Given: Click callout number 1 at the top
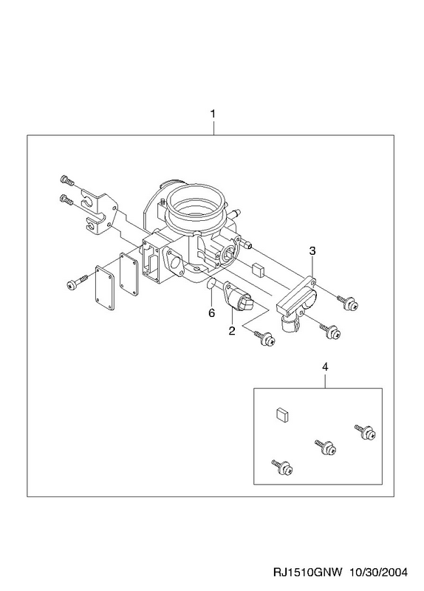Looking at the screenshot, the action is click(x=213, y=114).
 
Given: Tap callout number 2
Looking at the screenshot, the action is click(x=231, y=330).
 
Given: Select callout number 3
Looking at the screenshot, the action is click(x=312, y=250).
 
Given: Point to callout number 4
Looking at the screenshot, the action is click(x=325, y=366).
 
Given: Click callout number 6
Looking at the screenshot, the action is click(x=211, y=312).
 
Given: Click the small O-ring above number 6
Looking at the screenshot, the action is click(x=211, y=284).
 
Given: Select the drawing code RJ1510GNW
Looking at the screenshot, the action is click(x=307, y=573).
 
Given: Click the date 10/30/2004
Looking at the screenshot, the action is click(x=378, y=573).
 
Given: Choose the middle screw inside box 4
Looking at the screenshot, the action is click(x=325, y=448).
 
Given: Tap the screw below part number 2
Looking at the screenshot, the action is click(x=265, y=338).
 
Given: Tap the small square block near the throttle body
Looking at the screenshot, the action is click(x=259, y=269).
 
